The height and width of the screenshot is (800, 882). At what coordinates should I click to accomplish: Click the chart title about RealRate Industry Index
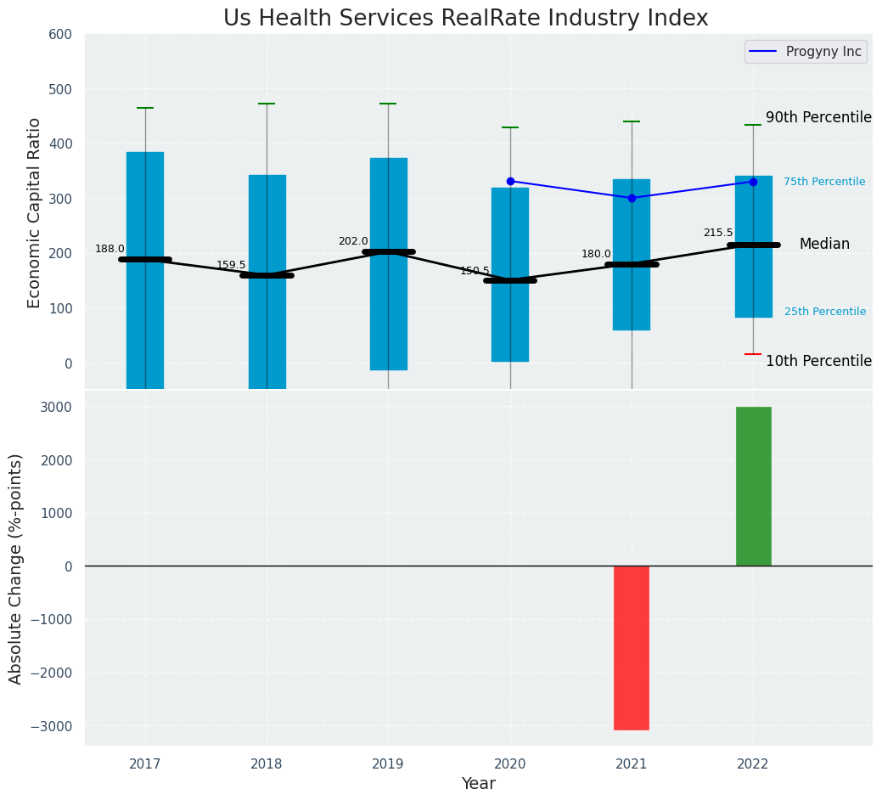click(x=465, y=19)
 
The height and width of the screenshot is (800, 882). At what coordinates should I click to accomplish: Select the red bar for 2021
click(x=632, y=647)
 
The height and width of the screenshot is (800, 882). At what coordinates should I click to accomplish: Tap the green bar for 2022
click(x=753, y=486)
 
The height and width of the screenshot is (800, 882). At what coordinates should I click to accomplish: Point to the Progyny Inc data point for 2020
click(x=510, y=181)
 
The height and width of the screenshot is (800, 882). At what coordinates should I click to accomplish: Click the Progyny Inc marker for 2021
click(x=632, y=198)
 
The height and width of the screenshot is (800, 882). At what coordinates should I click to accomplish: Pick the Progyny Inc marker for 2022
click(x=753, y=182)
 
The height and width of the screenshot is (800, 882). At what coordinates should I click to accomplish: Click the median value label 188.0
click(x=110, y=249)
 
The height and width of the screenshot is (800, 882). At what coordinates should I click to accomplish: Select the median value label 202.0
click(x=353, y=241)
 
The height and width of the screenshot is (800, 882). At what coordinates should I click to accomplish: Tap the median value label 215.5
click(x=717, y=233)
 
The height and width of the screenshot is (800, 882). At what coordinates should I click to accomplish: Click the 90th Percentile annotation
click(x=818, y=118)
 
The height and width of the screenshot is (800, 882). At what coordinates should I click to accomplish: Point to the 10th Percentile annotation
click(x=818, y=361)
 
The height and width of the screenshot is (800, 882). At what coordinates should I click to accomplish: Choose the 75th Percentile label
click(x=824, y=182)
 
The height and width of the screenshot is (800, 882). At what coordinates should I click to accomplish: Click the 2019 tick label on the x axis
click(x=389, y=764)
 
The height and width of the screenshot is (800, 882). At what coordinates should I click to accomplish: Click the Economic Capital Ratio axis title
click(x=35, y=212)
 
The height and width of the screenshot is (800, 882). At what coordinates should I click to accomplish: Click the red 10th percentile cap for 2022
click(x=753, y=354)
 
